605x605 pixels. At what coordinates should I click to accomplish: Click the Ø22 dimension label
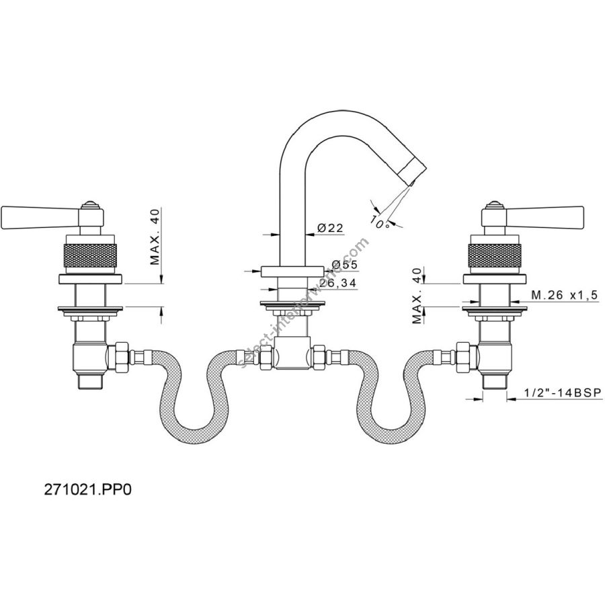(330, 228)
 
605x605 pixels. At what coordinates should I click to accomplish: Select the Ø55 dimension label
(344, 265)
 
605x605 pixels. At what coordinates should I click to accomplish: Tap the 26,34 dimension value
(337, 283)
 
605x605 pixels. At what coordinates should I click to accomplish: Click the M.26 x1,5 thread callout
(565, 295)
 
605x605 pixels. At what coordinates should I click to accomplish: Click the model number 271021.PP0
(87, 489)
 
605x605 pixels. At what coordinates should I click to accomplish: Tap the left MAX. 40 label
(155, 237)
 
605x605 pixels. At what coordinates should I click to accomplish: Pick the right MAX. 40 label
(417, 296)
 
